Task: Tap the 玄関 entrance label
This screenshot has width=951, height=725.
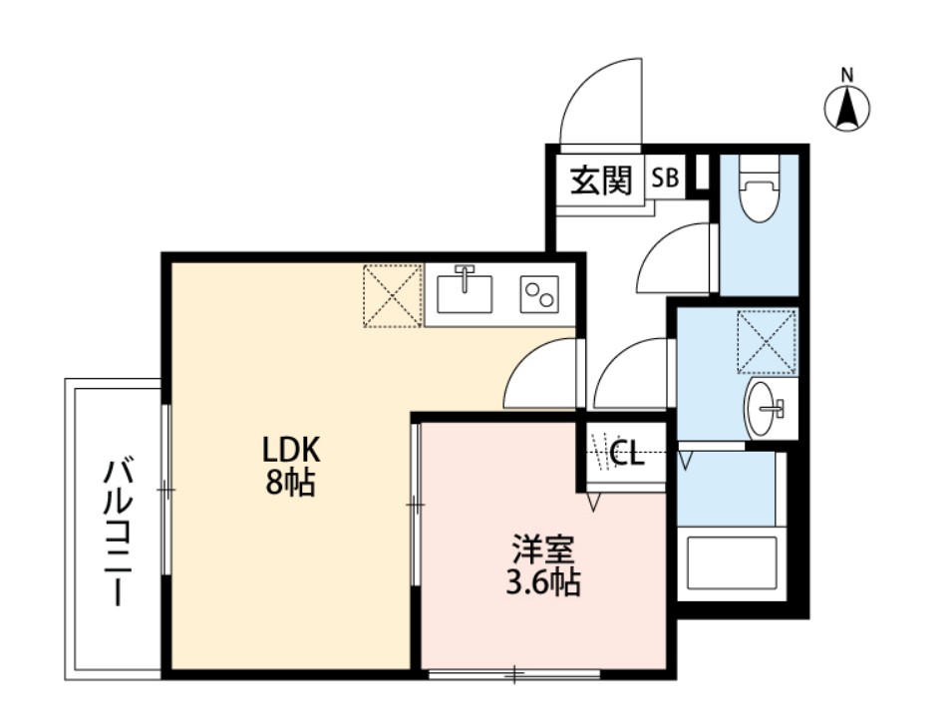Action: [601, 181]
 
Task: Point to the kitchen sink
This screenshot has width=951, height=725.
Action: [465, 290]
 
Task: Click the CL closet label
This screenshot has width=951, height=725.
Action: [626, 455]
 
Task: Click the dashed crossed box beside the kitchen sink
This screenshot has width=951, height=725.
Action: [392, 295]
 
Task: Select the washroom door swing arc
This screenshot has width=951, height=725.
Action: [632, 374]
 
